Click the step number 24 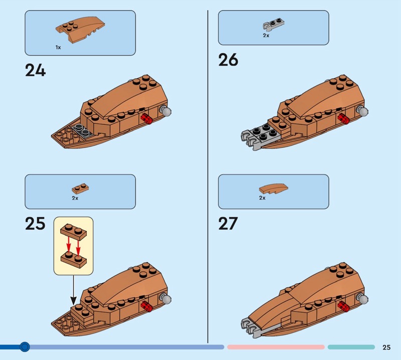coord(35,70)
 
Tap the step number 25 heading coord(35,224)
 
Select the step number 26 coord(228,60)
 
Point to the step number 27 coord(228,224)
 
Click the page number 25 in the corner coord(386,347)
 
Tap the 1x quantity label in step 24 coord(58,47)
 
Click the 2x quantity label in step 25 coord(75,198)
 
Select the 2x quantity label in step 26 coord(266,36)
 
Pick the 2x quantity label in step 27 coord(262,198)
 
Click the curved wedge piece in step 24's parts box coord(80,30)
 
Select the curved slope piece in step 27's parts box coord(273,189)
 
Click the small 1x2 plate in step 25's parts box coord(80,189)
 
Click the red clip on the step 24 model coord(146,119)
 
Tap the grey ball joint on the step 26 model coord(362,111)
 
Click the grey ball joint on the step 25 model coord(166,298)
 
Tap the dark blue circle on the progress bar coord(25,347)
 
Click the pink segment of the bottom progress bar coord(276,347)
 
